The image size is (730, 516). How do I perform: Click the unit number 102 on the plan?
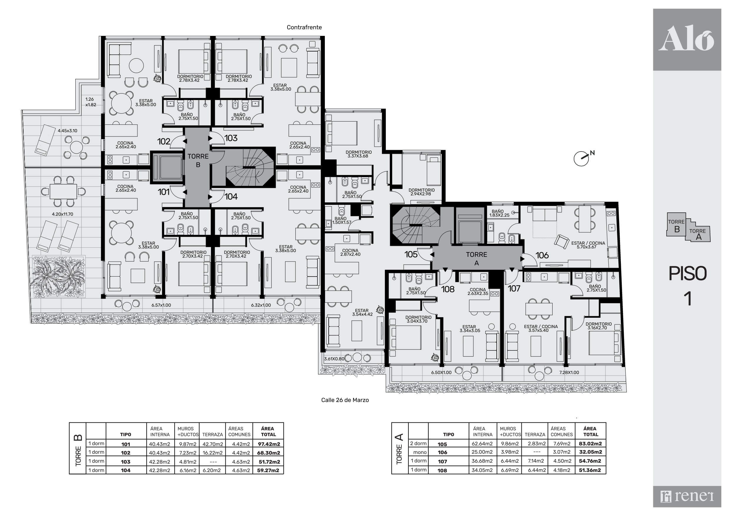point(164,141)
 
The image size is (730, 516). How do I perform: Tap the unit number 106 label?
point(542,255)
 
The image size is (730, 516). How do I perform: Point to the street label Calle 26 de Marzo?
point(345,400)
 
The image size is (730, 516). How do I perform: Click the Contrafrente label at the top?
point(304,27)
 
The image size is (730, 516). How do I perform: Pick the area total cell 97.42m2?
point(269,444)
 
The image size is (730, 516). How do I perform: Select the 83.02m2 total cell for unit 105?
point(591,444)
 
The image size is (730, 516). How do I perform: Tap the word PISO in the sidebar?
point(687,273)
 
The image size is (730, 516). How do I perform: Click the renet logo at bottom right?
point(687,496)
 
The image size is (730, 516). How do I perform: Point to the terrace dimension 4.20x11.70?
point(63,214)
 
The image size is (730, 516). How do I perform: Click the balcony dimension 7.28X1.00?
point(569,372)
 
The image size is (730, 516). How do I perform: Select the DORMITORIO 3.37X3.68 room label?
point(359,154)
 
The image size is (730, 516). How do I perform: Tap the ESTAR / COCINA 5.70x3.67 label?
point(588,245)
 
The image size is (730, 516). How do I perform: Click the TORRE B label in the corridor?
point(198,161)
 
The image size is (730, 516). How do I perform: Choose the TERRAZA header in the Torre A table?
point(535,434)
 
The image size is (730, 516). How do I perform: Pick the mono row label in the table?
point(420,452)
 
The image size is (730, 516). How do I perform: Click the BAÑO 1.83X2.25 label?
point(499,213)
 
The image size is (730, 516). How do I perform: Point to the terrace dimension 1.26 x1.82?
point(90,102)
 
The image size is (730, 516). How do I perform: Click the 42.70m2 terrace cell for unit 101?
point(213,444)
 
